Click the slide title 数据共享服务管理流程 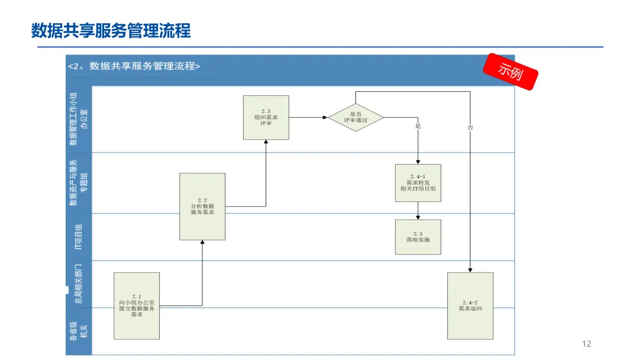click(111, 30)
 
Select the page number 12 click(586, 344)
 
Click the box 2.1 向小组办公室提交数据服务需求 click(137, 306)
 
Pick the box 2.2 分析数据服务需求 click(202, 206)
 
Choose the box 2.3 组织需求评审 click(266, 117)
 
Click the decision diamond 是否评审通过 click(356, 117)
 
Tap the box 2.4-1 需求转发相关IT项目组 click(418, 183)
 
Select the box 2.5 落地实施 click(418, 237)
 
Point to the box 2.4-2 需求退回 click(470, 306)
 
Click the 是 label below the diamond click(418, 127)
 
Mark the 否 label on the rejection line click(470, 127)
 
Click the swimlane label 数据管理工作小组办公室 click(78, 118)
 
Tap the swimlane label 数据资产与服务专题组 click(78, 183)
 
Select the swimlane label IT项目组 click(78, 237)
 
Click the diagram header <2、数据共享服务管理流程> click(134, 66)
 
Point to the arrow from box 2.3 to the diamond click(308, 117)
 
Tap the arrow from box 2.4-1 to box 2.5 click(418, 210)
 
